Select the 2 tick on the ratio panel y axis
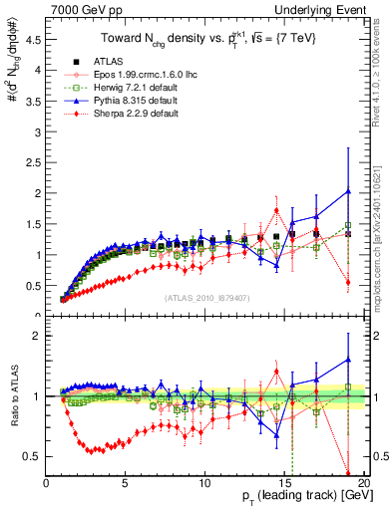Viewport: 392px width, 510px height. pos(37,336)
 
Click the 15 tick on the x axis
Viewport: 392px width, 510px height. pos(283,484)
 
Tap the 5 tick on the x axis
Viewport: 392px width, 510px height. pos(126,484)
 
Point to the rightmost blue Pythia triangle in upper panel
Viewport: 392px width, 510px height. pos(347,191)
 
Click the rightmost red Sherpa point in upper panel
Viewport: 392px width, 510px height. pos(347,282)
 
